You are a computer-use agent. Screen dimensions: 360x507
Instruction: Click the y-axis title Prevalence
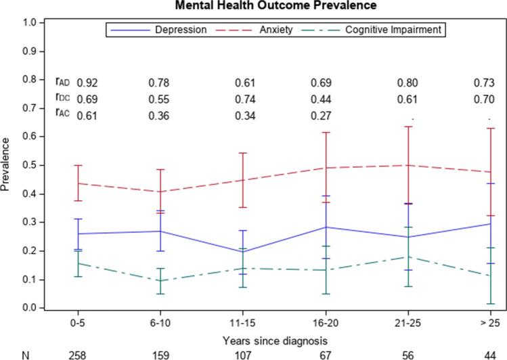point(6,165)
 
